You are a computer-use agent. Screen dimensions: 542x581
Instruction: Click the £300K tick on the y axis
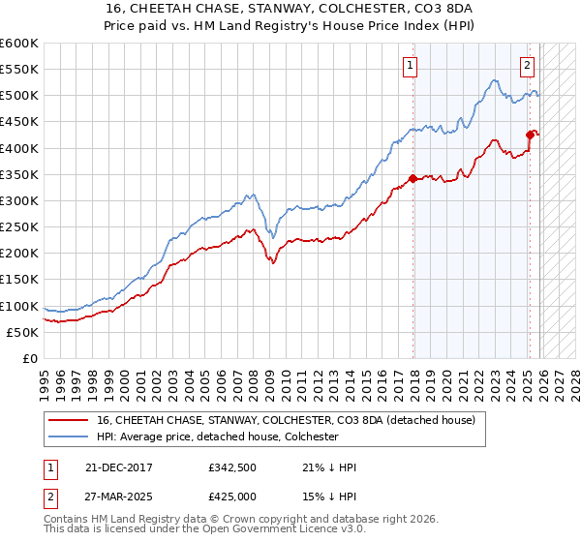click(19, 200)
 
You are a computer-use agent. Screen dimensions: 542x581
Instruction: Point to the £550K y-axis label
click(19, 70)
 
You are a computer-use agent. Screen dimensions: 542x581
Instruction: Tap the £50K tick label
click(23, 332)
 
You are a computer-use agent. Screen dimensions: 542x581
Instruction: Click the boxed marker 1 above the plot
click(410, 66)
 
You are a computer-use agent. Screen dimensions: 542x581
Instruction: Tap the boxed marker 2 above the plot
click(527, 66)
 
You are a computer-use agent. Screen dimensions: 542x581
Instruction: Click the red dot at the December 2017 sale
click(413, 178)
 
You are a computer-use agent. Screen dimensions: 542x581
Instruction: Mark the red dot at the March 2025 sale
click(530, 135)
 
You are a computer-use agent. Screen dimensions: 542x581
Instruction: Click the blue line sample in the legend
click(70, 437)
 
